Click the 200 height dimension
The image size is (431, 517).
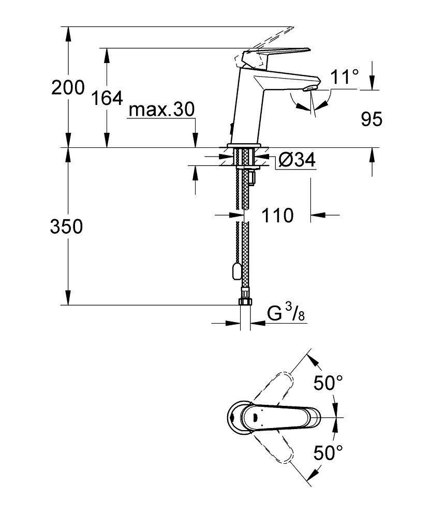(68, 88)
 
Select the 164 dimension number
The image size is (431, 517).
(107, 98)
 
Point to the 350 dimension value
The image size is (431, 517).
(66, 226)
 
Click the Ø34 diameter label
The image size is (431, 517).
(296, 160)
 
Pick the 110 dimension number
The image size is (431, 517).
(277, 215)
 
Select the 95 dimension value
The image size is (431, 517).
(371, 119)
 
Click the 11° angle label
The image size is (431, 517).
(345, 77)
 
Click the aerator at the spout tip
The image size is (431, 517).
(309, 89)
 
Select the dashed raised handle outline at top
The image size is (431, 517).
(264, 36)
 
